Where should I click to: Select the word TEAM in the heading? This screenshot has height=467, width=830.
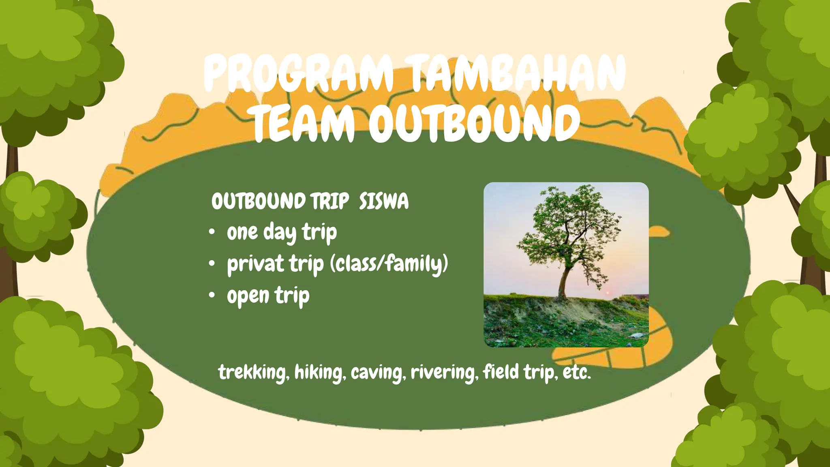[x=304, y=122]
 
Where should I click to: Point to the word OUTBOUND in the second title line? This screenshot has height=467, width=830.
[x=474, y=122]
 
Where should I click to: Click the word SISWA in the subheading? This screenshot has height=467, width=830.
[x=383, y=201]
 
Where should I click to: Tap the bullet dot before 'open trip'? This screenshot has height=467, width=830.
[x=212, y=296]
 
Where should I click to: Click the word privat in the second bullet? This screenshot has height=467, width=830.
[x=255, y=264]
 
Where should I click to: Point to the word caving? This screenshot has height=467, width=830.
[x=378, y=372]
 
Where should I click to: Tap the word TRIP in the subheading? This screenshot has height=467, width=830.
[x=329, y=201]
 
